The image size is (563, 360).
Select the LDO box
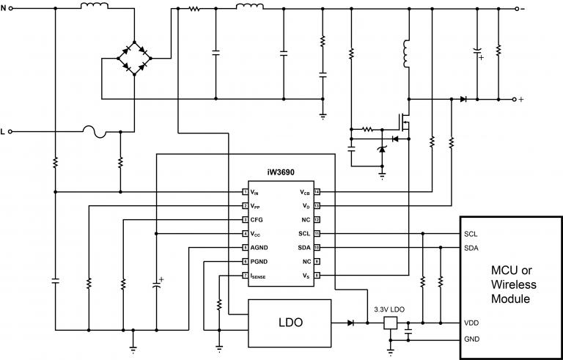pyautogui.click(x=290, y=322)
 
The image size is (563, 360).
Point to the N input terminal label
pyautogui.click(x=4, y=10)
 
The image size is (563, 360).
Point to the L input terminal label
pyautogui.click(x=4, y=132)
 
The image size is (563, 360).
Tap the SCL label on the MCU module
pyautogui.click(x=471, y=234)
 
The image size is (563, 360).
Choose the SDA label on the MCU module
pyautogui.click(x=472, y=249)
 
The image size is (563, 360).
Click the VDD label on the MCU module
pyautogui.click(x=472, y=323)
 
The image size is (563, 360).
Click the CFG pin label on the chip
pyautogui.click(x=255, y=220)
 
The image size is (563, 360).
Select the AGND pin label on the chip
pyautogui.click(x=258, y=248)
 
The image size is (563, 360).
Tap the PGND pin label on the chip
pyautogui.click(x=258, y=262)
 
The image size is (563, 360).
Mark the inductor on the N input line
pyautogui.click(x=92, y=7)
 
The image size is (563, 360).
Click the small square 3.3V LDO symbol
pyautogui.click(x=391, y=323)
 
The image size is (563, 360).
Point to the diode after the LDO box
pyautogui.click(x=350, y=323)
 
